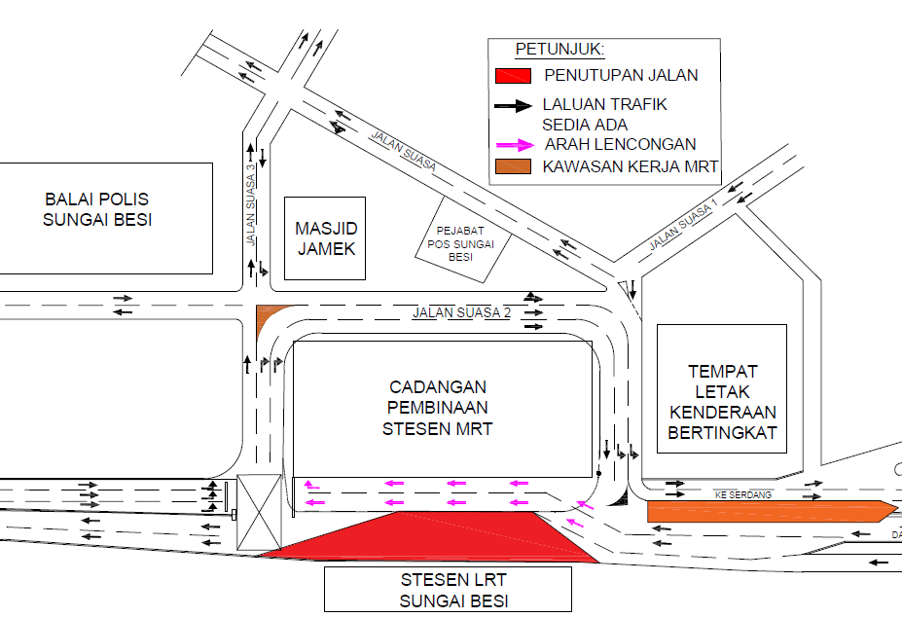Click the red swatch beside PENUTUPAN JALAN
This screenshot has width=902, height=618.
(x=513, y=75)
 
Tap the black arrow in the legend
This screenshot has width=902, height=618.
(x=513, y=105)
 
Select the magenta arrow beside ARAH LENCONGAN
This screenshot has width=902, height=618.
(x=516, y=145)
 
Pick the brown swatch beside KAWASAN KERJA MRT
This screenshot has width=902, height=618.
(x=513, y=166)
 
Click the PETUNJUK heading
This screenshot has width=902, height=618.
(x=559, y=50)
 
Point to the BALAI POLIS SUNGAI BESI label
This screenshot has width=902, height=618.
(x=97, y=209)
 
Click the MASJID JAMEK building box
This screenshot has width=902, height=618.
(x=325, y=238)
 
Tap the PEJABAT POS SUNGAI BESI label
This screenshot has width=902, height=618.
(x=460, y=244)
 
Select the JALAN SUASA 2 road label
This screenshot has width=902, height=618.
(x=461, y=312)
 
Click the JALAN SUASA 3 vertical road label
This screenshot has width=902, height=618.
(x=250, y=205)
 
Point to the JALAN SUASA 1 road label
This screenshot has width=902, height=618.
(x=683, y=225)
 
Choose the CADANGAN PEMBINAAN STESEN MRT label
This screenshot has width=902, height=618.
(x=437, y=408)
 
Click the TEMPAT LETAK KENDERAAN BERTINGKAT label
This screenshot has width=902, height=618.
(x=723, y=402)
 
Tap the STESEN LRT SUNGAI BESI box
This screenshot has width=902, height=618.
(x=449, y=589)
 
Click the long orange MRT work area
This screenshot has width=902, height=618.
(x=771, y=512)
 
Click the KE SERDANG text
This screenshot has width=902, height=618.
(x=743, y=494)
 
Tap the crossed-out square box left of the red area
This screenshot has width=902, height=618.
(x=259, y=512)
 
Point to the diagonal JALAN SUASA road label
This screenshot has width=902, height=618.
(x=404, y=151)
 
